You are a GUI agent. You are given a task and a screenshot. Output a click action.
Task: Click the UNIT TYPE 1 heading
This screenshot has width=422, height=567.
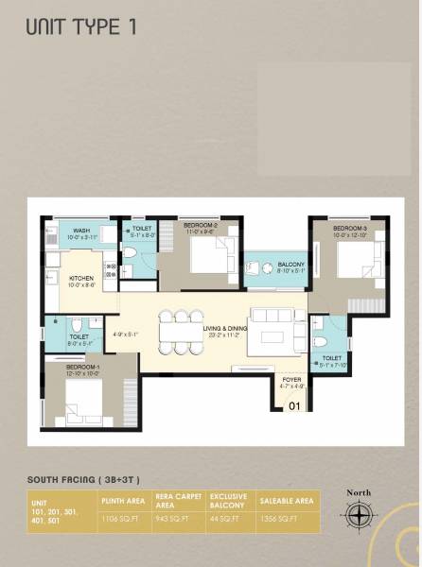coord(80,26)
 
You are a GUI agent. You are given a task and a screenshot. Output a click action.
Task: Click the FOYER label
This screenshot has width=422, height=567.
coord(291,381)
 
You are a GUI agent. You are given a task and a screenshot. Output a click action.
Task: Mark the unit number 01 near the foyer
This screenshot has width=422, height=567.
coord(293,406)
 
